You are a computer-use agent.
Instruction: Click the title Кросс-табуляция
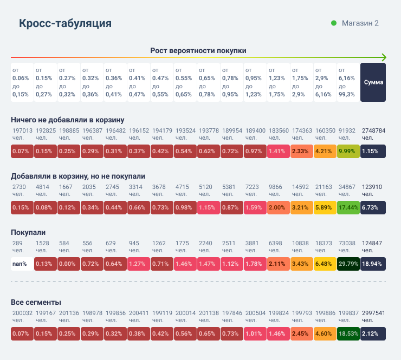(x=66, y=23)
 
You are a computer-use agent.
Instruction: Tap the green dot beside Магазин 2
(x=334, y=23)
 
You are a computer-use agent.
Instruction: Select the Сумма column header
(x=373, y=82)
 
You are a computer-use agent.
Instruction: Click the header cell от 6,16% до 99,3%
(x=348, y=82)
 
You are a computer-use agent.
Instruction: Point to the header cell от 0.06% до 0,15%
(x=22, y=82)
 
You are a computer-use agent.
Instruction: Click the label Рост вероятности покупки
(x=198, y=50)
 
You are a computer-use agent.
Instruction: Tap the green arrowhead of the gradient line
(x=384, y=57)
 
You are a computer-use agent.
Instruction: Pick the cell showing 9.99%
(x=348, y=151)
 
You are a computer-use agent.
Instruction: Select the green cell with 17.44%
(x=348, y=207)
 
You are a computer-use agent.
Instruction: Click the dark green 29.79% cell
(x=348, y=264)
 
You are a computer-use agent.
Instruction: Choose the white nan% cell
(x=22, y=264)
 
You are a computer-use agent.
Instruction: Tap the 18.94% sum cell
(x=373, y=264)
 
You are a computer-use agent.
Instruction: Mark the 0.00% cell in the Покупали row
(x=68, y=264)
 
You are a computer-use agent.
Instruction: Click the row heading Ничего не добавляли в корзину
(x=68, y=120)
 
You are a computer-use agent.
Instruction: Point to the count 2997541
(x=373, y=313)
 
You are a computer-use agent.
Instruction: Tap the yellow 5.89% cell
(x=325, y=207)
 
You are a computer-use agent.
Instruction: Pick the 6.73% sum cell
(x=373, y=207)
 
